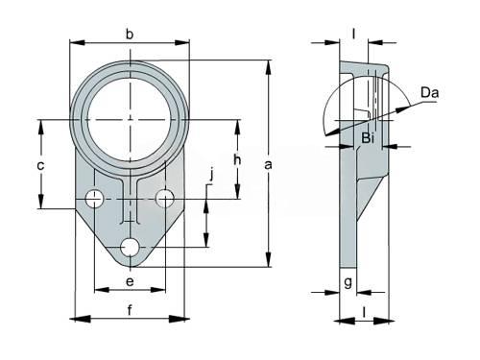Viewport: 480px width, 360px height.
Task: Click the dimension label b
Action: pos(130,34)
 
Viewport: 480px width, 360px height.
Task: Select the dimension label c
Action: pos(40,166)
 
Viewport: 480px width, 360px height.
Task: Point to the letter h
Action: pos(237,159)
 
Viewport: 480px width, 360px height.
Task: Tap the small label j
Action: pos(211,176)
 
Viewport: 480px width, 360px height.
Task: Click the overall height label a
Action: pos(268,165)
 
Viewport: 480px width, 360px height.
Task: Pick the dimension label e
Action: pos(130,282)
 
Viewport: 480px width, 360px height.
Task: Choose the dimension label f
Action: pos(130,310)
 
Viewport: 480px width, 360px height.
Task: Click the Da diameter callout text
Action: pos(429,93)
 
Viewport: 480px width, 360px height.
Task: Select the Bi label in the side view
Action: pos(368,138)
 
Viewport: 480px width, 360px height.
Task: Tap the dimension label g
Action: pos(348,282)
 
